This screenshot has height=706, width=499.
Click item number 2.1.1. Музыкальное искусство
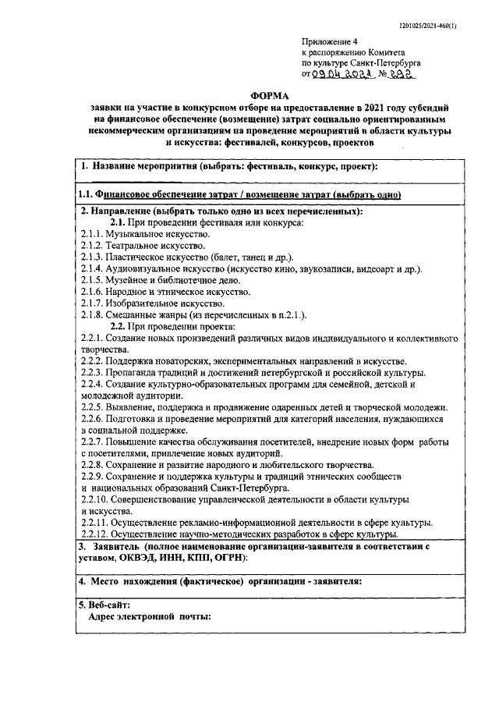(145, 233)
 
